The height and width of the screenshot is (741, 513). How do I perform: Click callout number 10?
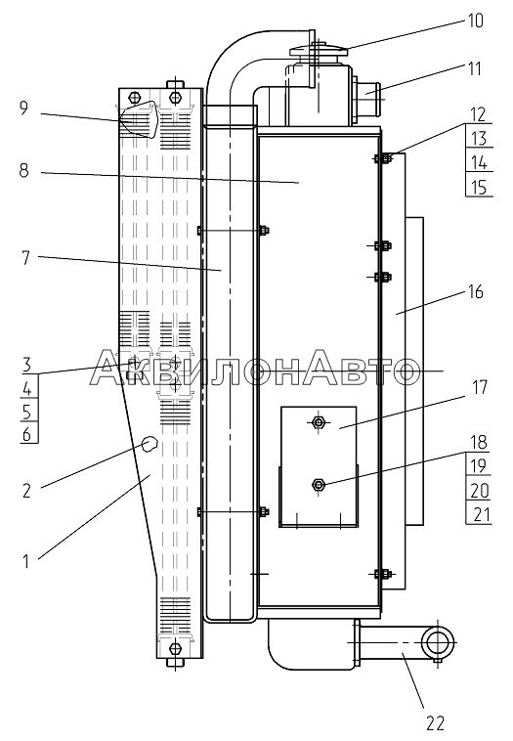pos(475,22)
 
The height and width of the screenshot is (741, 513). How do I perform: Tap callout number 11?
pos(474,69)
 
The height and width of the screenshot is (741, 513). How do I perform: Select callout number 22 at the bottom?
pos(435,723)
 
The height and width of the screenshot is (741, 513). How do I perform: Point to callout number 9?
pos(23,109)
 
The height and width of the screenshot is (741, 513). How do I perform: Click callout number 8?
pos(23,170)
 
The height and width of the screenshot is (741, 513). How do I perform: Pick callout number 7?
pos(25,258)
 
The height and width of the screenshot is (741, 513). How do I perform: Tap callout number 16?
pos(475,292)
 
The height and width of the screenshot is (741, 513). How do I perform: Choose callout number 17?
pos(480,387)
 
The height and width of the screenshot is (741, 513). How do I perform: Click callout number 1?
pos(26,562)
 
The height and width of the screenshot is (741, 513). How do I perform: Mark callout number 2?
pos(26,491)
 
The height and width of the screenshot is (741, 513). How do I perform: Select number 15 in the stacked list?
pos(479,187)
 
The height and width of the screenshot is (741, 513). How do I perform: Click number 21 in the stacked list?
pos(481,514)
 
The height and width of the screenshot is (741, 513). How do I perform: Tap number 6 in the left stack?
pos(27,434)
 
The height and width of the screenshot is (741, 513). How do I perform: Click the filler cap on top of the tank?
pos(319,49)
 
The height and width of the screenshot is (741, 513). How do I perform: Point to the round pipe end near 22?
pos(438,642)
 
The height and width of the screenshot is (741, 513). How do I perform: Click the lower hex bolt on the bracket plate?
pos(319,485)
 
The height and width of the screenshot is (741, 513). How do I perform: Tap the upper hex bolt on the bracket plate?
pos(319,421)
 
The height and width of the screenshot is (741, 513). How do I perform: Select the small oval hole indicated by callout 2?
pos(150,444)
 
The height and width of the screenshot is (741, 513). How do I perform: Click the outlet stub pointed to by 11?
pos(367,90)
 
